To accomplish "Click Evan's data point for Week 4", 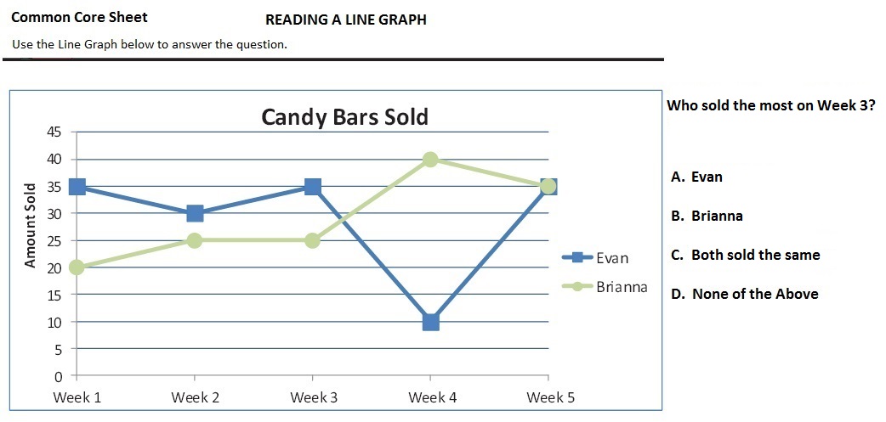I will point(430,322).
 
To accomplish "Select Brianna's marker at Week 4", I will point(430,159).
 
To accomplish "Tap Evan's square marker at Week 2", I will point(195,213).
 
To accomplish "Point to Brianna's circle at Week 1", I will point(77,267).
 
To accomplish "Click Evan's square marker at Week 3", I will point(312,187).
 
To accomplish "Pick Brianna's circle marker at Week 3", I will point(312,240).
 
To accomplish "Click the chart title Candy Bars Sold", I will point(344,116).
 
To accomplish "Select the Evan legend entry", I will point(611,257).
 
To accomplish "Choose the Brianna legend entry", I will point(622,286).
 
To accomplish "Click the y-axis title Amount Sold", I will point(30,225).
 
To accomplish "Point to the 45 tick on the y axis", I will point(54,132).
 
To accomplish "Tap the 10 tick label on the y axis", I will point(54,322).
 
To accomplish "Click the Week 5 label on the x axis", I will point(550,397).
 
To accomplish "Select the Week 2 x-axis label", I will point(195,397).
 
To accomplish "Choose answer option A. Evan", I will point(696,177).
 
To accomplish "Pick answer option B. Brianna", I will point(707,216).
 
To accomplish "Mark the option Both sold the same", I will point(745,255).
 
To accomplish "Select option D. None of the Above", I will point(744,294).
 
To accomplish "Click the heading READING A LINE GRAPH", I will point(345,20).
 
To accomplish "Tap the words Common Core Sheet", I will point(79,17).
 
